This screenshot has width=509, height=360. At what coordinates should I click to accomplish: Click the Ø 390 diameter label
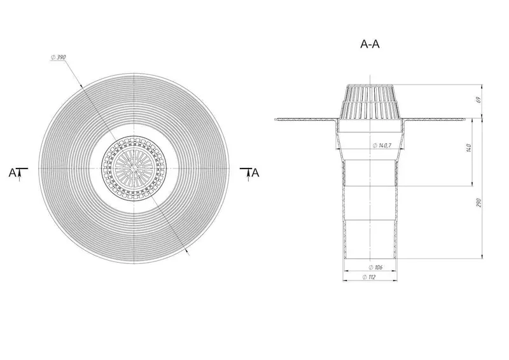pyautogui.click(x=58, y=57)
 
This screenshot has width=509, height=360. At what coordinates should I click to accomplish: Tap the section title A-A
pyautogui.click(x=370, y=44)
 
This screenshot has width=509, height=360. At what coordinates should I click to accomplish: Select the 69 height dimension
pyautogui.click(x=478, y=100)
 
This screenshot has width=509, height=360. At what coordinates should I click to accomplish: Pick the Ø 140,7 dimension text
pyautogui.click(x=382, y=146)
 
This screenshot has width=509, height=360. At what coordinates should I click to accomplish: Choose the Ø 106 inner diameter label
pyautogui.click(x=375, y=267)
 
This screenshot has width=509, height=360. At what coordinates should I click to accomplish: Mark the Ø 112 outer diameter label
pyautogui.click(x=369, y=277)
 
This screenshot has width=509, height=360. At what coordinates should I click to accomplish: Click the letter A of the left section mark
pyautogui.click(x=12, y=173)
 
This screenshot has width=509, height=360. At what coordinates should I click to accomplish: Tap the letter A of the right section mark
pyautogui.click(x=256, y=173)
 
